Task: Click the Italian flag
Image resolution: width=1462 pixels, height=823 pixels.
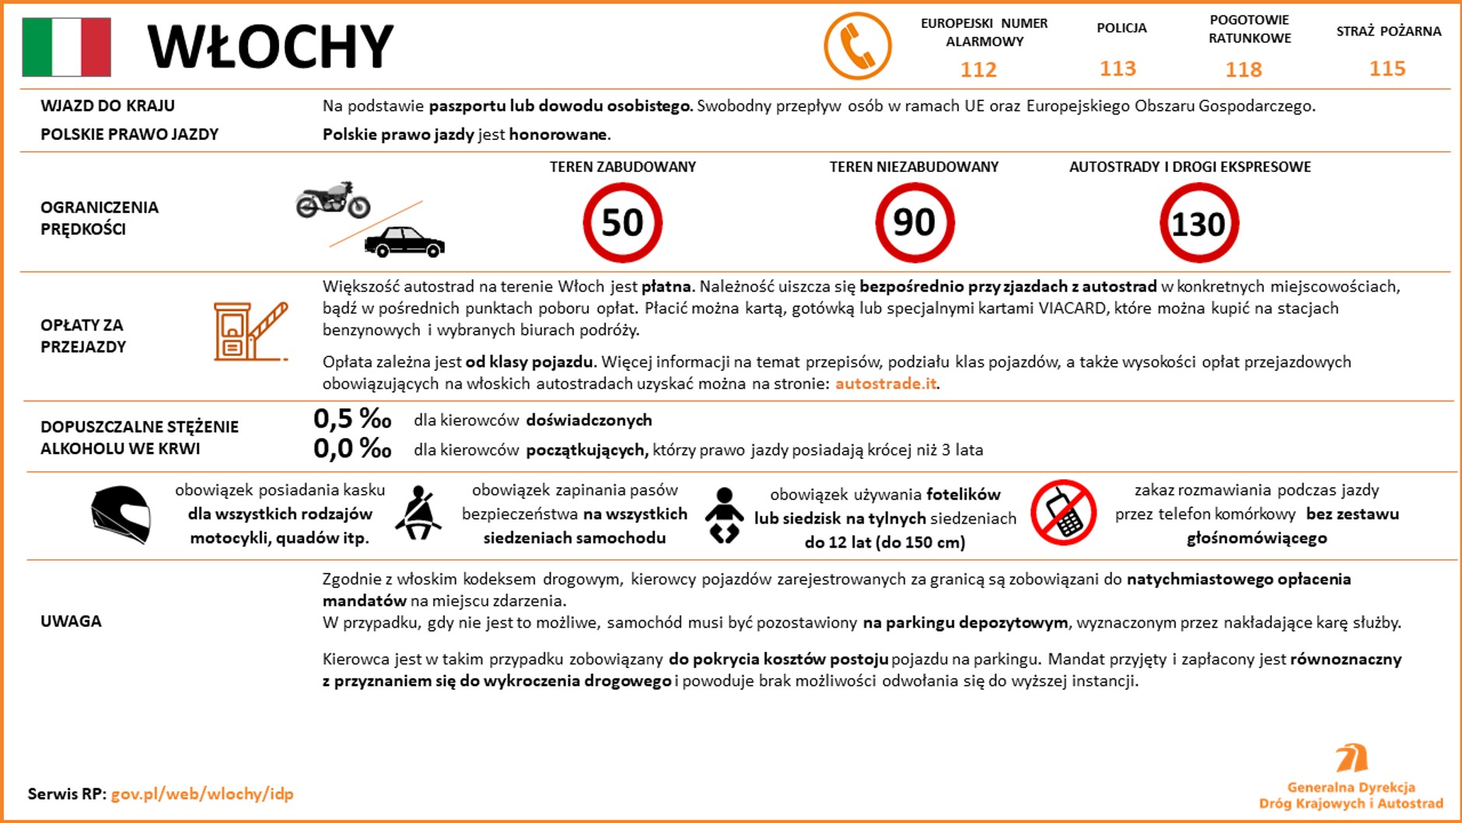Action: tap(66, 47)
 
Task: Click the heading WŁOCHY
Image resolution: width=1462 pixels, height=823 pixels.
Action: tap(270, 47)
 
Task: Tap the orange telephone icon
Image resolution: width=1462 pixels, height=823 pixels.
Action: tap(857, 46)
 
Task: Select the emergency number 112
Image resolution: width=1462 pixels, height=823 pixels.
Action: tap(978, 70)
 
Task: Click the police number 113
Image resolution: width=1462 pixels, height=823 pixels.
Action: tap(1117, 68)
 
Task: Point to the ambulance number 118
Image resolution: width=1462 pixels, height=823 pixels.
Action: tap(1243, 70)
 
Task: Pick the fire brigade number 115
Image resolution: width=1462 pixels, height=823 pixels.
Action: tap(1387, 68)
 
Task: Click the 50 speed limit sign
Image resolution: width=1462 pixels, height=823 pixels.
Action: tap(622, 223)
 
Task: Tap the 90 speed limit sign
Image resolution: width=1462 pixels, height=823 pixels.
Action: tap(915, 223)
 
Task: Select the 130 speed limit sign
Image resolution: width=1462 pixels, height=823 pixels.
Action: tap(1198, 224)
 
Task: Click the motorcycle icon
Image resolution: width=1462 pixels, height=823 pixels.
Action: tap(333, 200)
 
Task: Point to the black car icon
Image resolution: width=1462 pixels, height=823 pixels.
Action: tap(404, 242)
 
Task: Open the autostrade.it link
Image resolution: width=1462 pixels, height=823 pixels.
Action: tap(886, 383)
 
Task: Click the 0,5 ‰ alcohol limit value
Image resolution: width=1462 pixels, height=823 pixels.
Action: tap(352, 419)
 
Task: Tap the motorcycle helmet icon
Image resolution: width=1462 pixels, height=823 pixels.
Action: tap(121, 513)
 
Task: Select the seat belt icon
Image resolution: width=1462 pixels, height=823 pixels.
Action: tap(418, 513)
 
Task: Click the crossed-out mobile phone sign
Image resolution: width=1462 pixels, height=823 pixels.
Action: tap(1063, 513)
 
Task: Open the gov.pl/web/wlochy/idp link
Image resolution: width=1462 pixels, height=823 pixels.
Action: tap(202, 794)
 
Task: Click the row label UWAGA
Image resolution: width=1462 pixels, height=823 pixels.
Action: tap(71, 621)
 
